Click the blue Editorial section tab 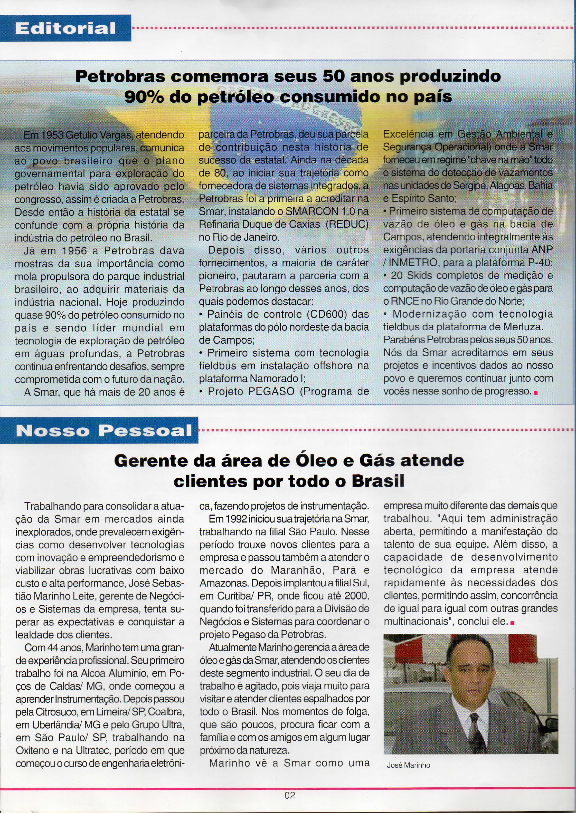tap(66, 28)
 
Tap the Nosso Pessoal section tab tap(103, 431)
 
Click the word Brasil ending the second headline tap(378, 481)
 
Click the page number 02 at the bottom tap(289, 795)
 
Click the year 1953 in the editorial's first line tap(52, 135)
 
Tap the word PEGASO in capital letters tap(271, 392)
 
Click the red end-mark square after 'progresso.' tap(536, 392)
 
